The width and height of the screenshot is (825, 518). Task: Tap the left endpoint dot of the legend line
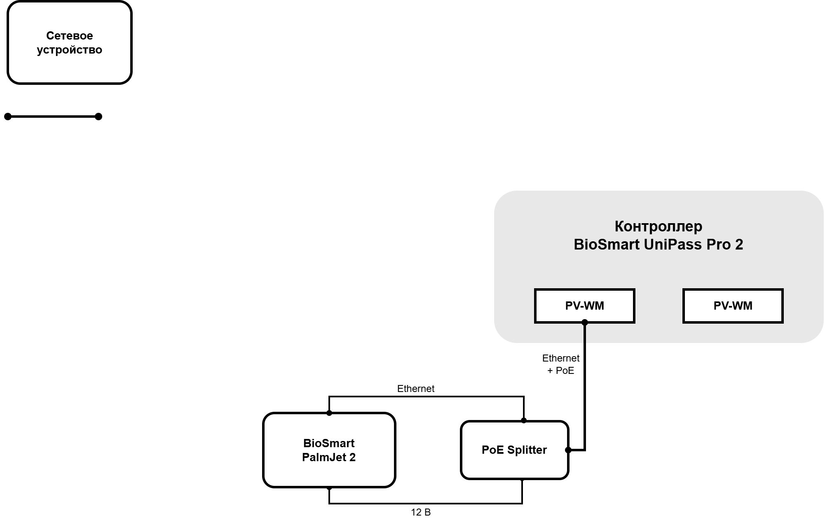click(8, 117)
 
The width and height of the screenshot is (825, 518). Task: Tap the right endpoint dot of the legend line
click(98, 117)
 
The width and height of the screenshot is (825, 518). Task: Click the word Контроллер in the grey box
click(659, 226)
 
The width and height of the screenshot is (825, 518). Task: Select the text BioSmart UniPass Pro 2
click(659, 245)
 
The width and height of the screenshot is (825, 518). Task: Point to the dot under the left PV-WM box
click(584, 322)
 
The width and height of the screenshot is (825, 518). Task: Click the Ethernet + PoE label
click(561, 364)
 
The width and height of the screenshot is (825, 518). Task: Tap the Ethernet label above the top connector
click(416, 389)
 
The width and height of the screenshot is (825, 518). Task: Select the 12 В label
click(421, 512)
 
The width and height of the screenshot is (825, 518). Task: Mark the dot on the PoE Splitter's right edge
click(568, 450)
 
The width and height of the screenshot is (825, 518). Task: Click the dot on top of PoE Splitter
click(524, 420)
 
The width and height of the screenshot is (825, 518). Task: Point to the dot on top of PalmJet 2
click(329, 413)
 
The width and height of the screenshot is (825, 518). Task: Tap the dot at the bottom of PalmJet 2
click(329, 488)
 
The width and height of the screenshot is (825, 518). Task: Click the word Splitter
click(527, 450)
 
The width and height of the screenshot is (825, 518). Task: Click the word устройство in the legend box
click(70, 50)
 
